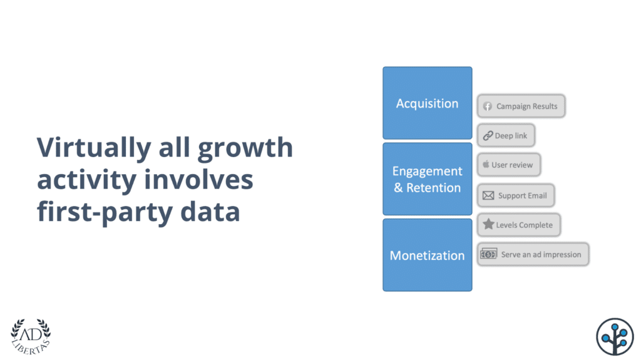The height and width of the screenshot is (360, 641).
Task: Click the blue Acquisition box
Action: [x=428, y=103]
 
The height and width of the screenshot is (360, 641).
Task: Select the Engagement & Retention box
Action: [x=428, y=179]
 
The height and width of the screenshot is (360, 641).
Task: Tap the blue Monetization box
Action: [x=428, y=255]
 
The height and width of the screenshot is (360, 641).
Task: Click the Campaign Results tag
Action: [x=521, y=106]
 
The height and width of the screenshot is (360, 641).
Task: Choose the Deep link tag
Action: [x=506, y=136]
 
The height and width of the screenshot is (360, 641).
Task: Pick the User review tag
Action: [x=509, y=165]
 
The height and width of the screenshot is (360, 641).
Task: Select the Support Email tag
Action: [x=516, y=195]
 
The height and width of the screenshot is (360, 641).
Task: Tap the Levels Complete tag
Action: [x=519, y=225]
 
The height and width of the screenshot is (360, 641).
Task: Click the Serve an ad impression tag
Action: [x=533, y=254]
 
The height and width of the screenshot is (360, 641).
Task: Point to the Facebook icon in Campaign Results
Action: [x=488, y=106]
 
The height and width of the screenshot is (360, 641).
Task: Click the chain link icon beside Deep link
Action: [x=488, y=136]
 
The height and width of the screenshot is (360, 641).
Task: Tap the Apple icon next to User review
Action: [x=486, y=165]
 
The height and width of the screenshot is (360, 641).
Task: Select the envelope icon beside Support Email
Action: [x=488, y=195]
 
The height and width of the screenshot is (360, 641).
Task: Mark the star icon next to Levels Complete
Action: [x=488, y=224]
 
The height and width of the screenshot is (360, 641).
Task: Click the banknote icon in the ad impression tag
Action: [x=488, y=254]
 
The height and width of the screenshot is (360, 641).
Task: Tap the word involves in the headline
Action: [x=198, y=180]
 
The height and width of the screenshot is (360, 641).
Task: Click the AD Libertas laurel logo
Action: [x=31, y=336]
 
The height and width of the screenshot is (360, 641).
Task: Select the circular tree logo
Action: [x=615, y=336]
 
